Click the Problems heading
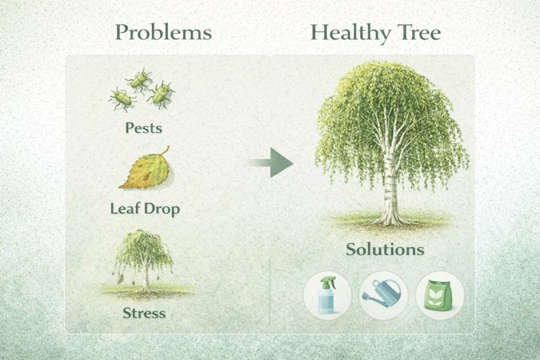[x=163, y=33]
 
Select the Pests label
[x=143, y=128]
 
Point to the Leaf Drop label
[x=145, y=209]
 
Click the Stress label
[x=144, y=313]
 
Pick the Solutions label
[x=385, y=249]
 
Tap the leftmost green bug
[x=122, y=99]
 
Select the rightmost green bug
[x=160, y=95]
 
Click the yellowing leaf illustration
[x=147, y=170]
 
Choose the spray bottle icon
[x=326, y=295]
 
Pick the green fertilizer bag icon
[x=438, y=295]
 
